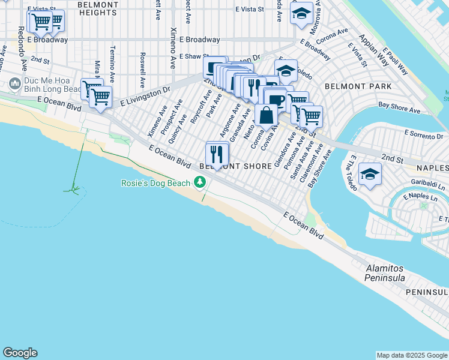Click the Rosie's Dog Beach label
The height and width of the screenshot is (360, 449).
pyautogui.click(x=155, y=182)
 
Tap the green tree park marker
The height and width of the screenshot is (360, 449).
pyautogui.click(x=200, y=182)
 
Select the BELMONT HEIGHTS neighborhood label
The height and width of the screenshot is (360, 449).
pyautogui.click(x=97, y=8)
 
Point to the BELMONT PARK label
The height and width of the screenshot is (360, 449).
pyautogui.click(x=358, y=86)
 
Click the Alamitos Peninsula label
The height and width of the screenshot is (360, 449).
pyautogui.click(x=385, y=274)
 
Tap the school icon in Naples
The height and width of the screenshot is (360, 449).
pyautogui.click(x=369, y=175)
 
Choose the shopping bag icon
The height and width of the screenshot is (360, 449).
pyautogui.click(x=265, y=114)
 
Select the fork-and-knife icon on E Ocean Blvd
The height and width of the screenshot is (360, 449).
pyautogui.click(x=217, y=154)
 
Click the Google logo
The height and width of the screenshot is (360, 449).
pyautogui.click(x=20, y=353)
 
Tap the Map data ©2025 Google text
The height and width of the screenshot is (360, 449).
pyautogui.click(x=412, y=355)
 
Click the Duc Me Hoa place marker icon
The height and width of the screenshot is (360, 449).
pyautogui.click(x=14, y=82)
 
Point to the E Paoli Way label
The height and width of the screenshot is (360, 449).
pyautogui.click(x=396, y=61)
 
